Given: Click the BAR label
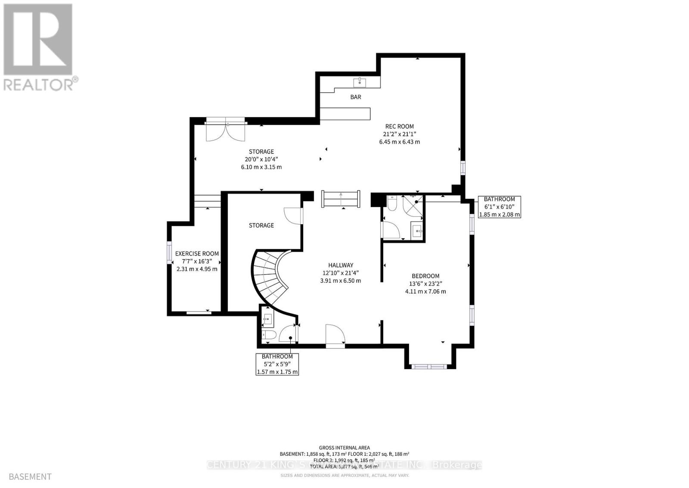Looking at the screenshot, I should (355, 97).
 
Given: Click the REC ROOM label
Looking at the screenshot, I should (399, 126).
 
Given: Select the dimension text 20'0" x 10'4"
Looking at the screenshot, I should (261, 159).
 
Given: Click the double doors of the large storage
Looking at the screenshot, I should (225, 131).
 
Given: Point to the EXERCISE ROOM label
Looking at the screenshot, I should (197, 254).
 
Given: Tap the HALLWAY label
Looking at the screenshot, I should (340, 266).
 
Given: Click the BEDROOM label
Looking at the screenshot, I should (425, 276).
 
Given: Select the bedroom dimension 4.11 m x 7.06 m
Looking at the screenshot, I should (425, 291).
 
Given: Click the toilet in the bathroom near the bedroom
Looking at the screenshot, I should (391, 203).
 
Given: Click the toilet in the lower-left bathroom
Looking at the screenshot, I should (269, 335).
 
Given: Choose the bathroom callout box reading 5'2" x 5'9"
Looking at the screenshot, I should (277, 364).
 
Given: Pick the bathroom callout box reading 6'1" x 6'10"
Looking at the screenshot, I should (499, 207).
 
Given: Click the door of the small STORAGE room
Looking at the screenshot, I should (293, 216).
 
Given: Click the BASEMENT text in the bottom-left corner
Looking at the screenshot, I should (30, 477).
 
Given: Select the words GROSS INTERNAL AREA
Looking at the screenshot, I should (344, 448).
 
